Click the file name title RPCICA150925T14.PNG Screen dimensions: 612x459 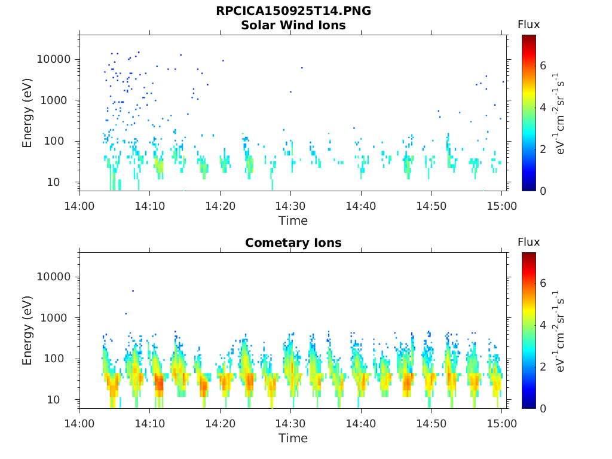[x=293, y=11]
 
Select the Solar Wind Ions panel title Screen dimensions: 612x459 [x=293, y=25]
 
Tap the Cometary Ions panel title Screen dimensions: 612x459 [x=293, y=243]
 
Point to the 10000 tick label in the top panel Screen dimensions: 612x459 [x=54, y=59]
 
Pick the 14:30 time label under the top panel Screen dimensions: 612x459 [x=290, y=206]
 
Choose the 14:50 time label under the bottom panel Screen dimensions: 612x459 [x=432, y=424]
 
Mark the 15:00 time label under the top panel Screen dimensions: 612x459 [x=501, y=206]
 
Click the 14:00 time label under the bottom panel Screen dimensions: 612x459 [x=79, y=424]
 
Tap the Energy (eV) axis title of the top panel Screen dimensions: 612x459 [x=27, y=113]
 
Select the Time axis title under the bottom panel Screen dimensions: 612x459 [x=293, y=438]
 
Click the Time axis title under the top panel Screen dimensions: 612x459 [x=293, y=221]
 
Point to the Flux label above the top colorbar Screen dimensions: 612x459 [x=529, y=25]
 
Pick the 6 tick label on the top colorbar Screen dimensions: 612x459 [x=543, y=66]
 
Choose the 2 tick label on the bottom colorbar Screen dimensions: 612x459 [x=543, y=367]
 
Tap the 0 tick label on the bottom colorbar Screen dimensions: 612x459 [x=543, y=409]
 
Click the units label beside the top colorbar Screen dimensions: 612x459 [x=559, y=113]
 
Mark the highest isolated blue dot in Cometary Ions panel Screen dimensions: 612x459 [x=133, y=291]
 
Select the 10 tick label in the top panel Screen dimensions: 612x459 [x=53, y=182]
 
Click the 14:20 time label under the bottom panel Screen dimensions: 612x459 [x=220, y=424]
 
